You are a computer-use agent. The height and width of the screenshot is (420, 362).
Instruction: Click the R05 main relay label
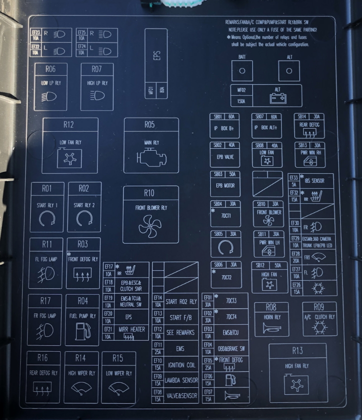(149, 124)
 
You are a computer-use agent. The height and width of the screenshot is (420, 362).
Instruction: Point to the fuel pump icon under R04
(82, 331)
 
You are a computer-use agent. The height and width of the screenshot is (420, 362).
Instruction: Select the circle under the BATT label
(242, 70)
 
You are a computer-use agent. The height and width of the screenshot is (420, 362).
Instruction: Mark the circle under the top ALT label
(288, 70)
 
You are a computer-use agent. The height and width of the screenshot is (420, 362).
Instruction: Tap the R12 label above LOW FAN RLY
(68, 124)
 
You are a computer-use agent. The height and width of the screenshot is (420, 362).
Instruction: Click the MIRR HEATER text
(131, 330)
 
